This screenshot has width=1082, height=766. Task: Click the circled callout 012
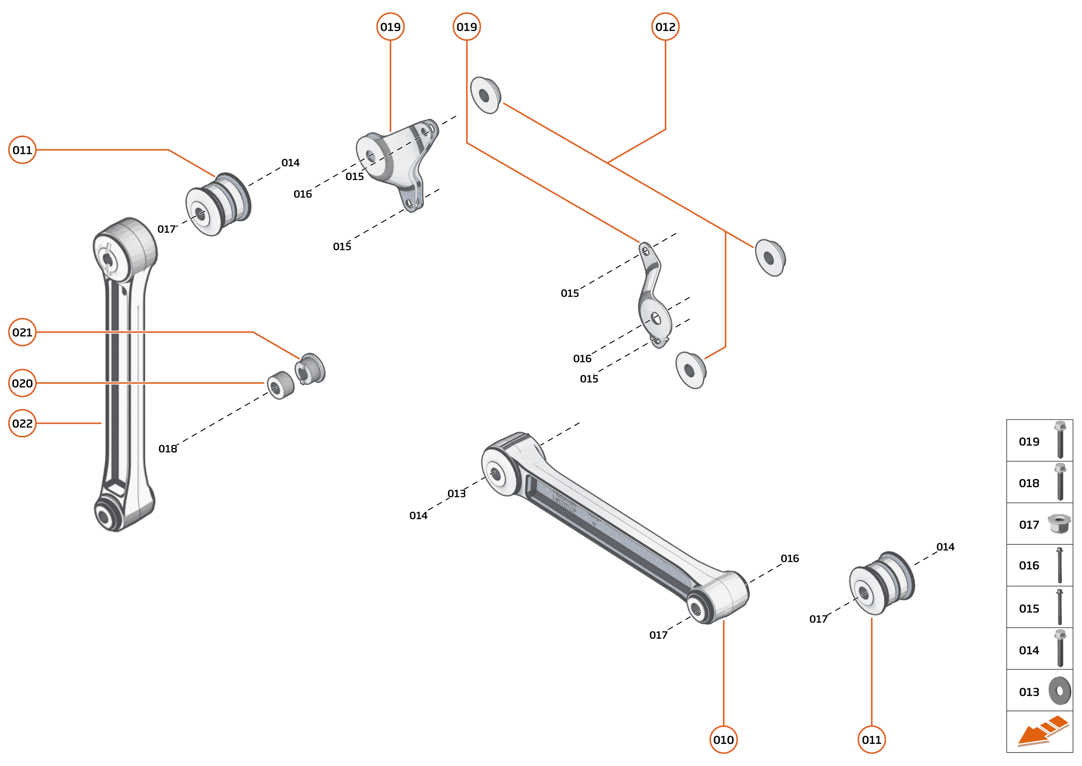click(665, 27)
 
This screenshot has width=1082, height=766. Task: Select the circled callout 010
click(723, 740)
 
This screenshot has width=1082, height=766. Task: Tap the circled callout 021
click(22, 332)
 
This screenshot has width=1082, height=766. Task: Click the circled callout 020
click(22, 383)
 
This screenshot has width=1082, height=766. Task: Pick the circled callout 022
click(22, 423)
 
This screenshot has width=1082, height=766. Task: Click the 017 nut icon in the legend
click(1059, 524)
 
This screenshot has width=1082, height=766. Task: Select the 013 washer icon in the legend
click(1059, 691)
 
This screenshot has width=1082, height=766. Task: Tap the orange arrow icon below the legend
click(1042, 731)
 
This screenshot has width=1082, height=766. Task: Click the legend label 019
click(1029, 442)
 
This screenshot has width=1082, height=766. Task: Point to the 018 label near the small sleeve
click(167, 449)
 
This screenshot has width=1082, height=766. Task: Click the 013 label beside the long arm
click(456, 493)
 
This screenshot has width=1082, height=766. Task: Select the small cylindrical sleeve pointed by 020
click(280, 385)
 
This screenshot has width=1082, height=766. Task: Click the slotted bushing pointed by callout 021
click(310, 368)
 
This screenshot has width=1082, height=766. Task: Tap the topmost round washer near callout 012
click(485, 95)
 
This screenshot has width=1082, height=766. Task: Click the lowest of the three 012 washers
click(690, 370)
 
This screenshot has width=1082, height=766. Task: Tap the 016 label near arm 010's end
click(789, 559)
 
